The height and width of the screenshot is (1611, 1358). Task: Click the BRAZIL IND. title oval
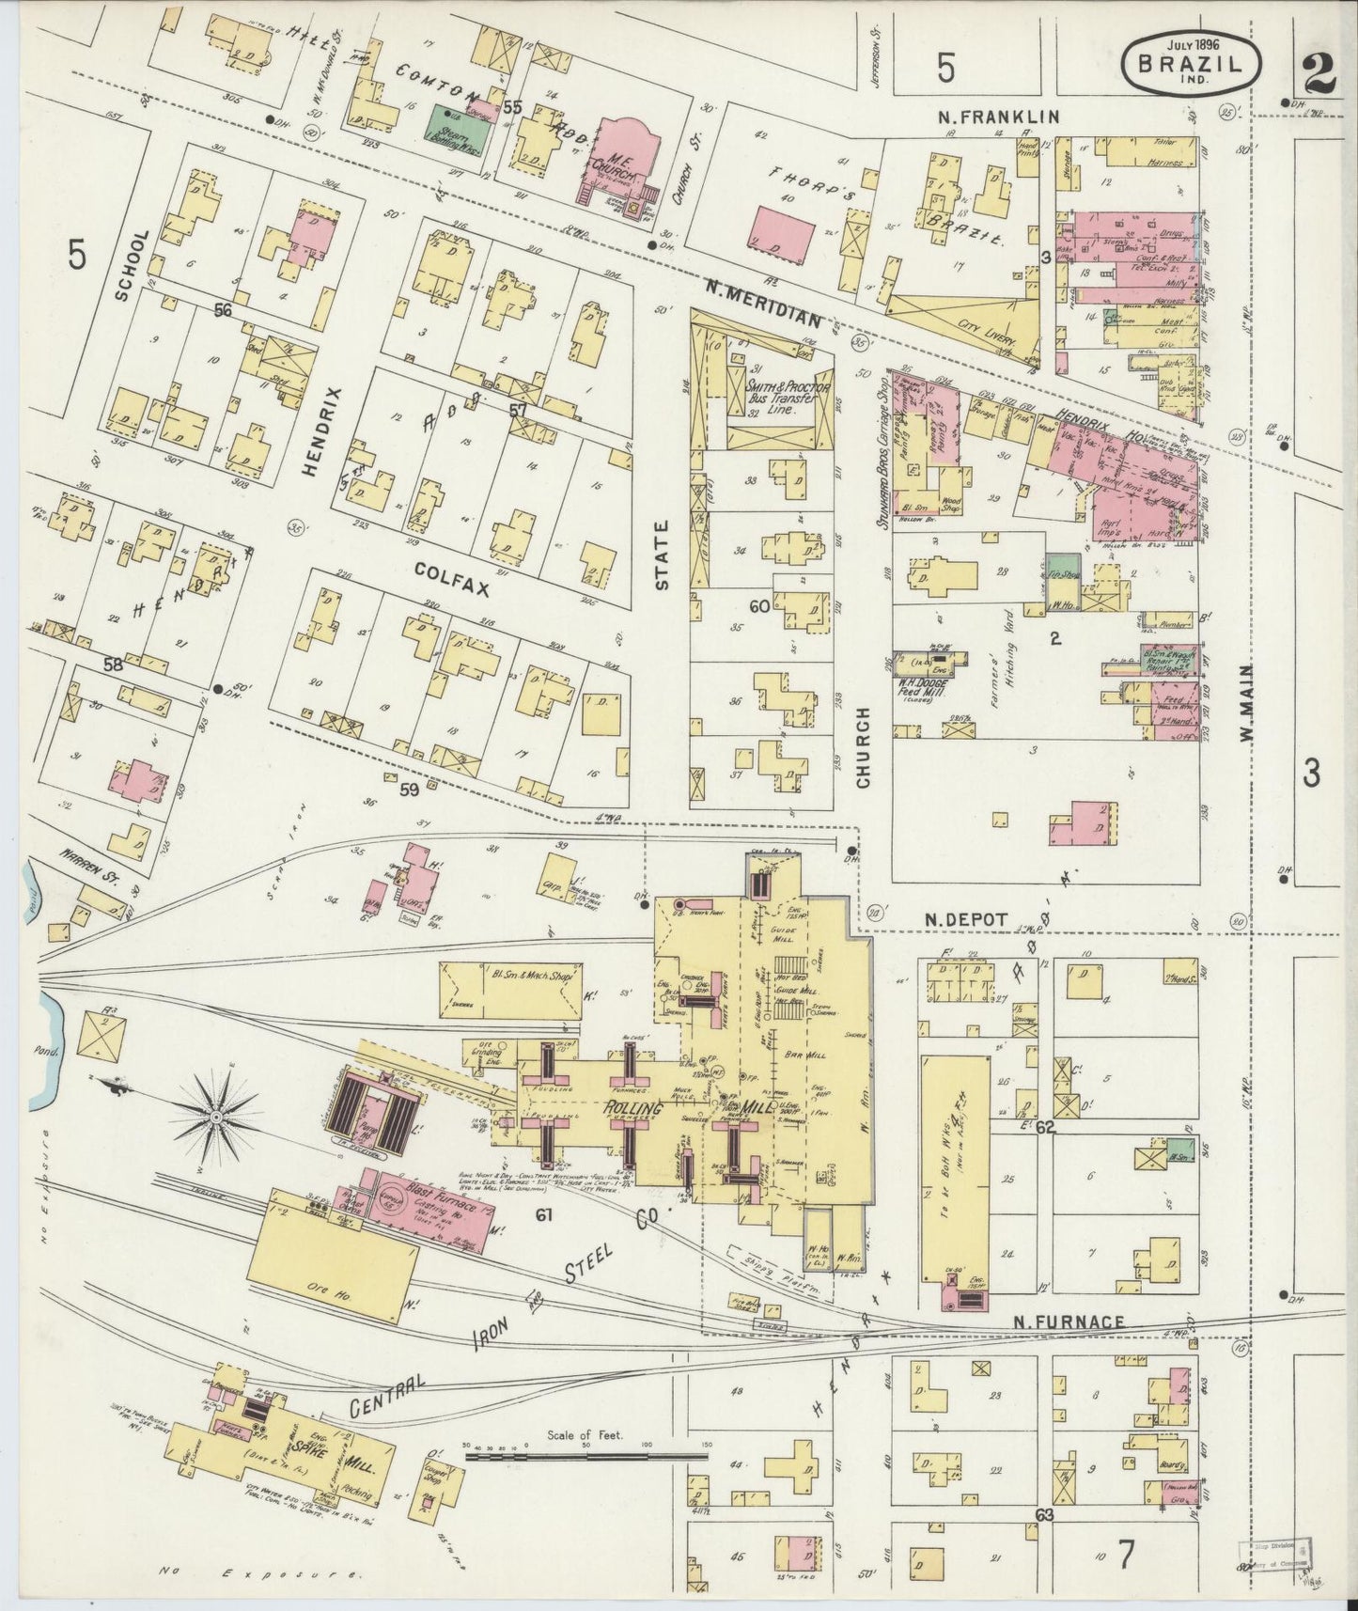point(1189,62)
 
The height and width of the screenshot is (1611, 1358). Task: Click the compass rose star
point(216,1116)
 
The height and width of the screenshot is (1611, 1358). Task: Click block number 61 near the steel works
point(543,1215)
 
